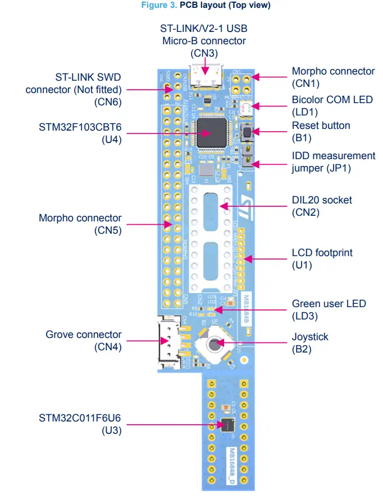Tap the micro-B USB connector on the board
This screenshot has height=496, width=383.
pyautogui.click(x=205, y=77)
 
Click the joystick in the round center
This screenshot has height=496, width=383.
pyautogui.click(x=215, y=343)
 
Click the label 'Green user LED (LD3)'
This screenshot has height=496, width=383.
pyautogui.click(x=329, y=309)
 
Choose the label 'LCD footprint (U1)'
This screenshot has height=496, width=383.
pyautogui.click(x=322, y=259)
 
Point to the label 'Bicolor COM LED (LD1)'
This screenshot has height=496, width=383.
pyautogui.click(x=332, y=105)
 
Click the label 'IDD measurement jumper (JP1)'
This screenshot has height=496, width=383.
pyautogui.click(x=333, y=161)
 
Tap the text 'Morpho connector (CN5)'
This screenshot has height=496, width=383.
pyautogui.click(x=80, y=224)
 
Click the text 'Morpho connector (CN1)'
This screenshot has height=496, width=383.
pyautogui.click(x=333, y=77)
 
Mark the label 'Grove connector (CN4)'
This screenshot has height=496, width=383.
pyautogui.click(x=84, y=341)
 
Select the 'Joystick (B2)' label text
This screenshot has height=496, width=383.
pyautogui.click(x=310, y=343)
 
